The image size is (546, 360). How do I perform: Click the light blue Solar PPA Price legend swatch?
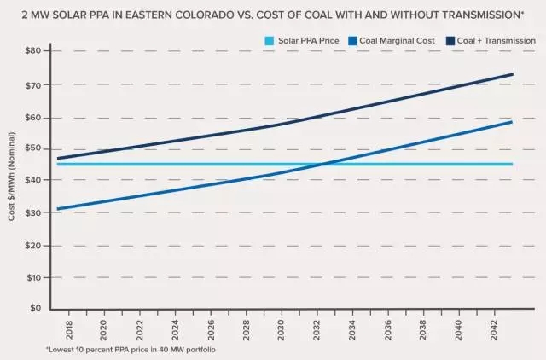tap(270, 39)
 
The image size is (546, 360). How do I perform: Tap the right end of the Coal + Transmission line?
tap(513, 73)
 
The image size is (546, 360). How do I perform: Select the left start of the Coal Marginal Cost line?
tap(56, 209)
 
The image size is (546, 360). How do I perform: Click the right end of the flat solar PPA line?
tap(513, 164)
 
